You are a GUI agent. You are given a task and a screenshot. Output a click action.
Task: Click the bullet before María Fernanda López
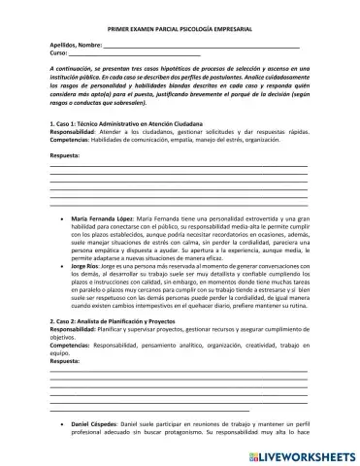pos(62,247)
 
